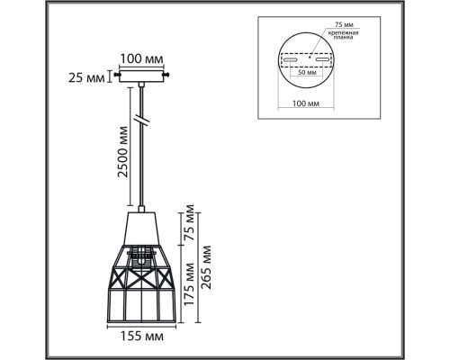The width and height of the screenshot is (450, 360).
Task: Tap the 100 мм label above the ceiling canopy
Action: [143, 58]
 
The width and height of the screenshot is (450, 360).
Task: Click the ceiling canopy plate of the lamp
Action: [143, 76]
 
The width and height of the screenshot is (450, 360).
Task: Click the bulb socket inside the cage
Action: [141, 256]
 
